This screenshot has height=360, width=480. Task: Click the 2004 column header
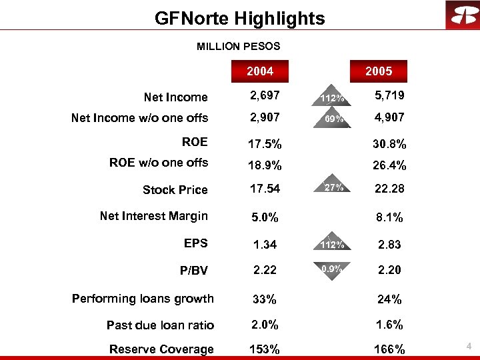pos(260,71)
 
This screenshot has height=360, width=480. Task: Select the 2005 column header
pos(379,71)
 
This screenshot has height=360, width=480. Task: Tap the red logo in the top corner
pos(461,15)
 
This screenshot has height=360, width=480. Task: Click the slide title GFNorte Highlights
pos(239,18)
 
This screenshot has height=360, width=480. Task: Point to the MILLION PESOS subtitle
pos(238,47)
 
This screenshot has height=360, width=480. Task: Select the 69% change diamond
pos(331,119)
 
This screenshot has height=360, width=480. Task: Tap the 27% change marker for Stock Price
pos(331,189)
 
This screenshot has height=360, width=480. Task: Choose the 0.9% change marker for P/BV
pos(331,269)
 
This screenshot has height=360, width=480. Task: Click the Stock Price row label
pos(175,190)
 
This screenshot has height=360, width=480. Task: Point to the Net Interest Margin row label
pos(153,216)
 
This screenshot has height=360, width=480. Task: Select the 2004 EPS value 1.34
pos(265,245)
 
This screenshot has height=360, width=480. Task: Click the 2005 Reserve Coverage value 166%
pos(389,349)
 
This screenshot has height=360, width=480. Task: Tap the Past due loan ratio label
pos(160,325)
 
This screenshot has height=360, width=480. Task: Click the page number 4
pos(469,347)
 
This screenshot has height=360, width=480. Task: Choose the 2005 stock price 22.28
pos(389,190)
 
